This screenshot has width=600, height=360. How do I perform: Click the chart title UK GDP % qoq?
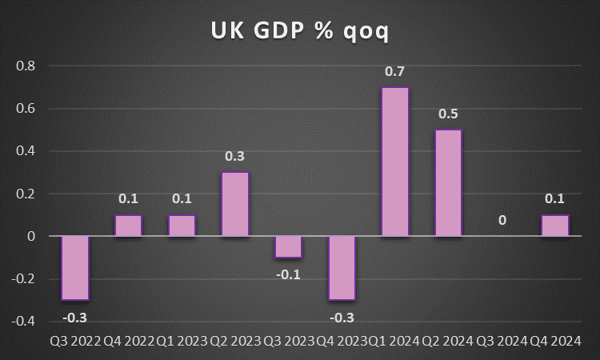tap(300, 30)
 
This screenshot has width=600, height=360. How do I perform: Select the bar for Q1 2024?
tap(395, 162)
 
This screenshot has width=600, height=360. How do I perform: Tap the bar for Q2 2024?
tap(449, 183)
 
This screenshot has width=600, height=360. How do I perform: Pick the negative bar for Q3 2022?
tap(75, 268)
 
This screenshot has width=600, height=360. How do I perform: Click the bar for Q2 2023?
tap(235, 204)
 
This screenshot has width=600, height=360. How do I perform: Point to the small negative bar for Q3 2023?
tap(289, 247)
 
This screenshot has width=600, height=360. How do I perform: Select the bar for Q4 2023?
tap(342, 268)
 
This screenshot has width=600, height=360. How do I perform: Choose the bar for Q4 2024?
tap(555, 226)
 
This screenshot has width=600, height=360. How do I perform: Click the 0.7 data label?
tap(395, 72)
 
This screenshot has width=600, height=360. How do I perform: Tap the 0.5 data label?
tap(449, 114)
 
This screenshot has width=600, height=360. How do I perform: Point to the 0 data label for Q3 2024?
tap(502, 218)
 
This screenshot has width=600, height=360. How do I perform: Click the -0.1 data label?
tap(289, 274)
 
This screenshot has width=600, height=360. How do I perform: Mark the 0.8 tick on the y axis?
tap(26, 66)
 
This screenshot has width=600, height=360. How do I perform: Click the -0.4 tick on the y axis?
tap(24, 322)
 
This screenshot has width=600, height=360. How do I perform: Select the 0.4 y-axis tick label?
tap(26, 151)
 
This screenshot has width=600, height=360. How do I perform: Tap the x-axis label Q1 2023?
tap(182, 340)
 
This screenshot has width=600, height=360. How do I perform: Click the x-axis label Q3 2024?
tap(502, 340)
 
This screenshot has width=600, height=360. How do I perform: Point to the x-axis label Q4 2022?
tap(128, 340)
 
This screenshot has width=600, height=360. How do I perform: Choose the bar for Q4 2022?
tap(129, 226)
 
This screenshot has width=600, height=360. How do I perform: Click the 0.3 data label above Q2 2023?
tap(235, 157)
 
